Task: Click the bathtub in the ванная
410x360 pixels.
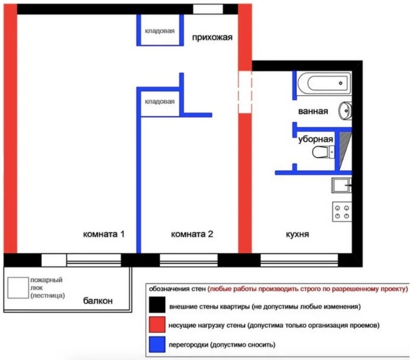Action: (324, 83)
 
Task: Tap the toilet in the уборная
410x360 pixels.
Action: (323, 152)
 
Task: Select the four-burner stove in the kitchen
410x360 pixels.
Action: (342, 212)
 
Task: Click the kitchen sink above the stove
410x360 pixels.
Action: (342, 185)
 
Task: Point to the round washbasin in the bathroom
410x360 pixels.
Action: (345, 111)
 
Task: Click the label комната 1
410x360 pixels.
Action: (104, 234)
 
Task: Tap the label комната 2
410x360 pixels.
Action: (192, 234)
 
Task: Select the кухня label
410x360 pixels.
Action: (297, 234)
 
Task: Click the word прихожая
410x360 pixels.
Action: (212, 37)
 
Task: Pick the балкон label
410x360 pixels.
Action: (98, 301)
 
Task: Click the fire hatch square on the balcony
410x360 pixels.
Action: (18, 288)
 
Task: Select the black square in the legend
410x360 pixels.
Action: (157, 305)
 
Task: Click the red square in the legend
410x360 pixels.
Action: (157, 324)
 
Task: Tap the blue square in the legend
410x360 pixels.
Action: (157, 344)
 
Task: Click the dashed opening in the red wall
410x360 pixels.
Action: (245, 92)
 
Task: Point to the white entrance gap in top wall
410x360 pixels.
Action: (208, 9)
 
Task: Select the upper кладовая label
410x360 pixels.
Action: (160, 31)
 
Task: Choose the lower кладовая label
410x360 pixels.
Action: (160, 101)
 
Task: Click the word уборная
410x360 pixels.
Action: (315, 139)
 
